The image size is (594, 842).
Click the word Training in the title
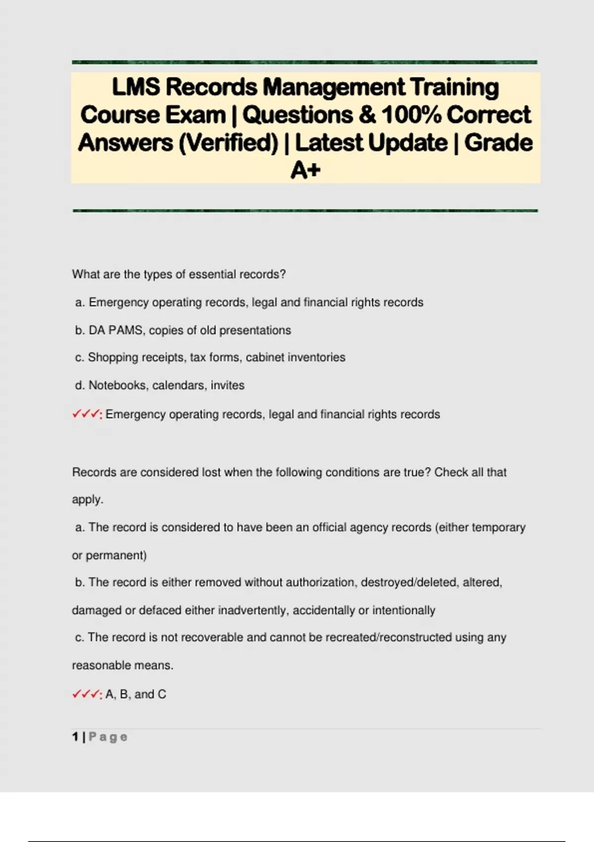tap(454, 87)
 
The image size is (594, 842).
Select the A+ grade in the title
tap(305, 170)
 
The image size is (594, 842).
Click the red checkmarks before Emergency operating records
tap(87, 414)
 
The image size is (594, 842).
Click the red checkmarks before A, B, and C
tap(87, 694)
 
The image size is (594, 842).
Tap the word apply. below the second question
tap(88, 500)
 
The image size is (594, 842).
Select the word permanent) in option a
tap(116, 555)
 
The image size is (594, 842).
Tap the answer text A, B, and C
tap(136, 694)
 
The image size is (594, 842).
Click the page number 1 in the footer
tap(75, 737)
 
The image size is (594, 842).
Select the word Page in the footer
tap(108, 737)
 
